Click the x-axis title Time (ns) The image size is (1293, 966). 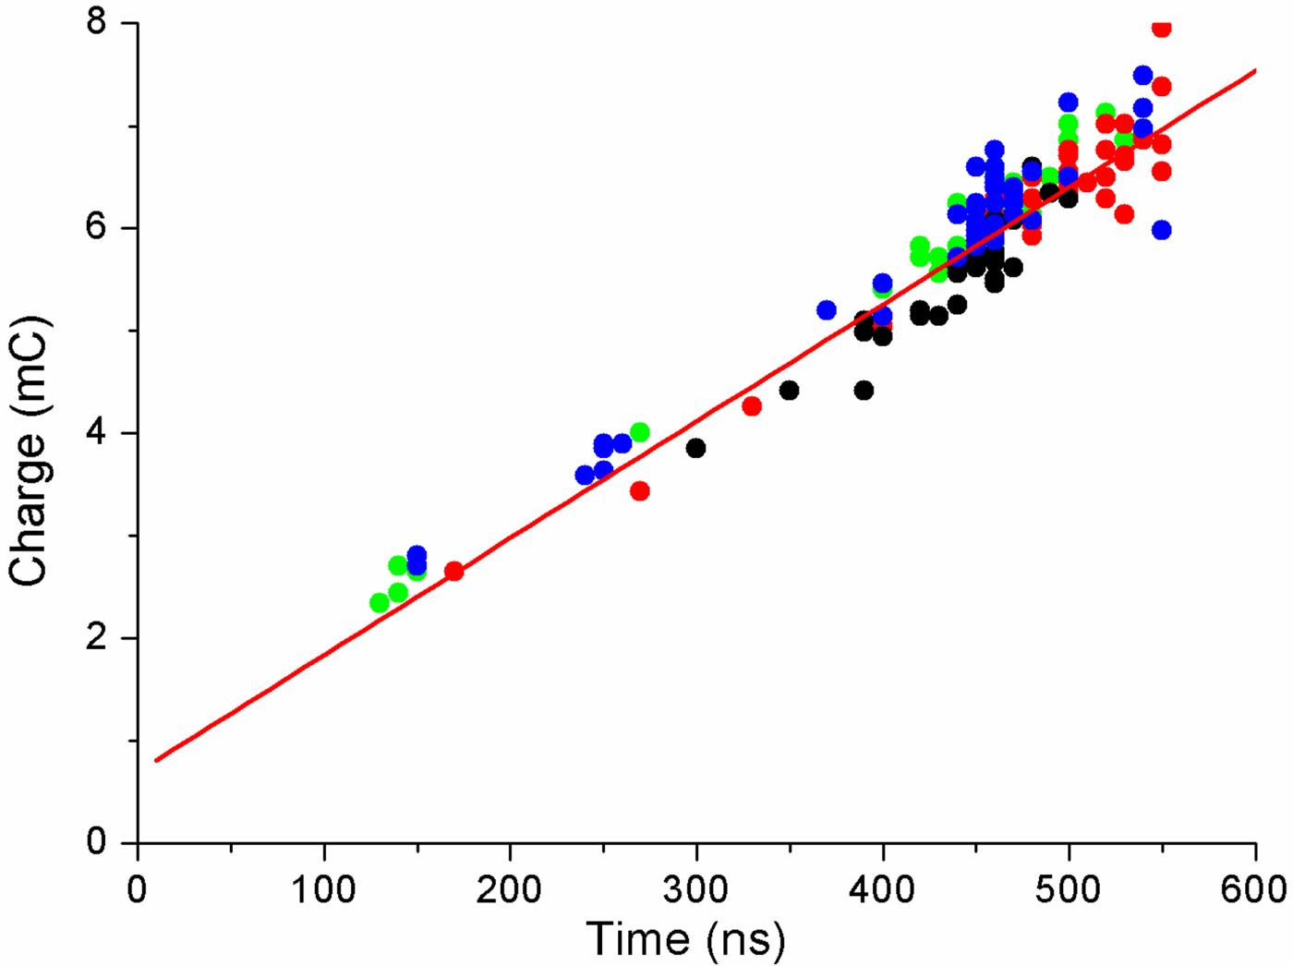point(685,938)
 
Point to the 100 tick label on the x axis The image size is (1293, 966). point(323,889)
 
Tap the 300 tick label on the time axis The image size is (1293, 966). point(695,889)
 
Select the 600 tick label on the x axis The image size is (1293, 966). point(1255,889)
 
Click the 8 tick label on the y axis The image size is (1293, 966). point(98,22)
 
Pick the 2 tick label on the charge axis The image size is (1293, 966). point(98,638)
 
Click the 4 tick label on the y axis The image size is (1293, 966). point(98,433)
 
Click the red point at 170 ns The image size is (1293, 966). point(453,571)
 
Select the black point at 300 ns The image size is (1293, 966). point(695,448)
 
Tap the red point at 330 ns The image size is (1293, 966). point(752,405)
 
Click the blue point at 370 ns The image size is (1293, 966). point(827,310)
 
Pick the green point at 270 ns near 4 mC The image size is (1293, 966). point(640,432)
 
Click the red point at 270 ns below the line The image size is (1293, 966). point(640,490)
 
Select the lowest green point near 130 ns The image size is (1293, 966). point(379,602)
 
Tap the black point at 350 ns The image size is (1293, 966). point(789,390)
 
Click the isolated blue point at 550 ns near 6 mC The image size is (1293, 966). point(1162,230)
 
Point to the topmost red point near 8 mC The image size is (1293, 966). point(1162,29)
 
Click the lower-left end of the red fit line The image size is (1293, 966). point(157,760)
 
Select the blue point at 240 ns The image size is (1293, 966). point(585,475)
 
